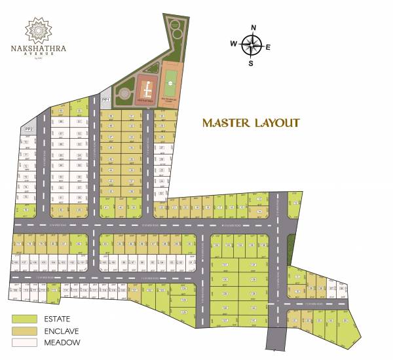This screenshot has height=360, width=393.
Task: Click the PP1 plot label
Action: click(105, 99)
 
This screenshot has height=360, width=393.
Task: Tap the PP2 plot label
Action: click(28, 130)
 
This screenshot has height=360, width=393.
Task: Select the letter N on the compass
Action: click(252, 27)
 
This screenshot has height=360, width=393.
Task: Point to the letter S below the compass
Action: click(250, 63)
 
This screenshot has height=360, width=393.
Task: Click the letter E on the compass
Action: click(268, 46)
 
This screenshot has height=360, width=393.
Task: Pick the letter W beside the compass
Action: click(233, 44)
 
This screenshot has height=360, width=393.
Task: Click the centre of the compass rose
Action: click(252, 45)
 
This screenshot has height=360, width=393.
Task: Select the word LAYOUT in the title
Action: click(276, 123)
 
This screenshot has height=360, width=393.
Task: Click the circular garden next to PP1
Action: click(122, 96)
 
